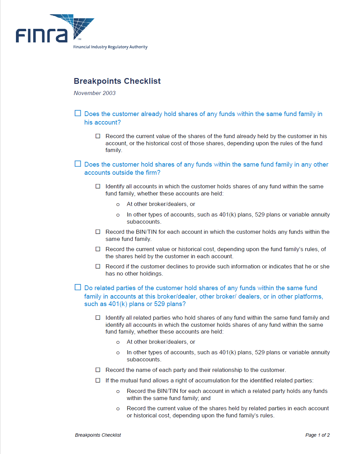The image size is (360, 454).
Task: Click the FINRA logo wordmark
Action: pos(41,35)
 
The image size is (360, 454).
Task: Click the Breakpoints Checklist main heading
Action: pos(117,81)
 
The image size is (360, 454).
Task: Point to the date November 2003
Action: pos(95,93)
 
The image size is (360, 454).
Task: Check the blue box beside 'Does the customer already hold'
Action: pos(78,113)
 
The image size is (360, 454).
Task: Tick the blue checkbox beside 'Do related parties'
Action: pos(78,287)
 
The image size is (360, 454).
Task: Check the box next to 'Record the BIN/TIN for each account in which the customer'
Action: pos(98,232)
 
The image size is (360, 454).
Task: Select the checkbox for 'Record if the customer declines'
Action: pos(98,266)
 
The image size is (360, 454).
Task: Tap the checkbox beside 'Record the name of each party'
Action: pos(98,370)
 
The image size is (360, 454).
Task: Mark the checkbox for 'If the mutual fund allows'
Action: pos(98,380)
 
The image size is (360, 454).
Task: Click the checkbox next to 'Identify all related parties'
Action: pos(98,318)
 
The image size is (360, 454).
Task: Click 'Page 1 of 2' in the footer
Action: pos(317,435)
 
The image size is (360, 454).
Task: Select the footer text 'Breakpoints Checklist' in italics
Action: pos(98,435)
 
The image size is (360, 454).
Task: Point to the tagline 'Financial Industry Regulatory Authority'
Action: pos(110,47)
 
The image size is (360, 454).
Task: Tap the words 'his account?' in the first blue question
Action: pos(102,122)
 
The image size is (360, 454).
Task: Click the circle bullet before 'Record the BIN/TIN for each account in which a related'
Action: pos(118,392)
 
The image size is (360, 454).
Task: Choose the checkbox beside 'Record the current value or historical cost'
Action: pos(98,249)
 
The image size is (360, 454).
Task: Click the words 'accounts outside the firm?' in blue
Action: pos(122,173)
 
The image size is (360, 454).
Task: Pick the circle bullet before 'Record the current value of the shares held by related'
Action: pos(118,409)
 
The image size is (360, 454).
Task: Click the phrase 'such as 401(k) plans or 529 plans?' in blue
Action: pos(135,304)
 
